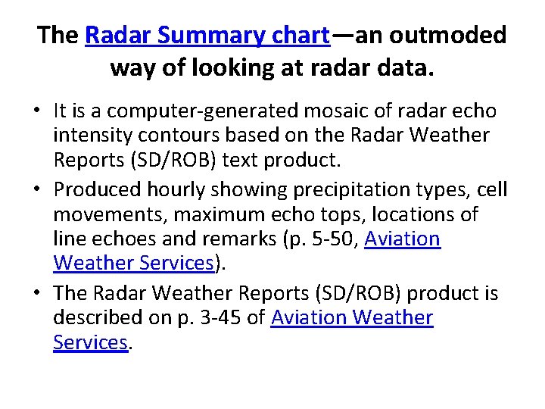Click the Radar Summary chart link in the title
coord(207,35)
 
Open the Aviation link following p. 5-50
coord(402,240)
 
